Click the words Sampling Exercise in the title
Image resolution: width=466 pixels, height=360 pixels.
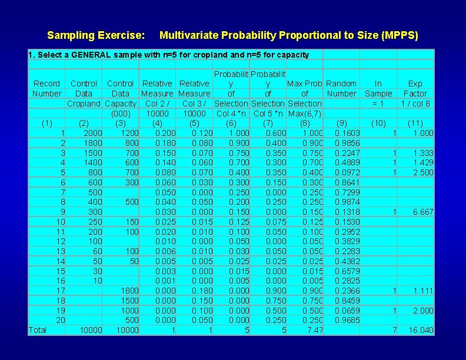[96, 36]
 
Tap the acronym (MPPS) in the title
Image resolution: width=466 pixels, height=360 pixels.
[400, 36]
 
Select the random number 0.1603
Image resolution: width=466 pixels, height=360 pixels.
[347, 133]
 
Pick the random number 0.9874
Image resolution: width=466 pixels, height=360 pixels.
[347, 202]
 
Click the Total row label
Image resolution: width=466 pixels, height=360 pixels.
[38, 330]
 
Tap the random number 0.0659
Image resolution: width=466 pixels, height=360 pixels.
[347, 310]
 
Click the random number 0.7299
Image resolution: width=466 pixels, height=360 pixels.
[347, 192]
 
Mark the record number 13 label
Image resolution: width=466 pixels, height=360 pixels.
[61, 251]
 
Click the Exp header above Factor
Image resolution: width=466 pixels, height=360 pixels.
[415, 84]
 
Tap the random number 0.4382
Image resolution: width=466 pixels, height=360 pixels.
[347, 261]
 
